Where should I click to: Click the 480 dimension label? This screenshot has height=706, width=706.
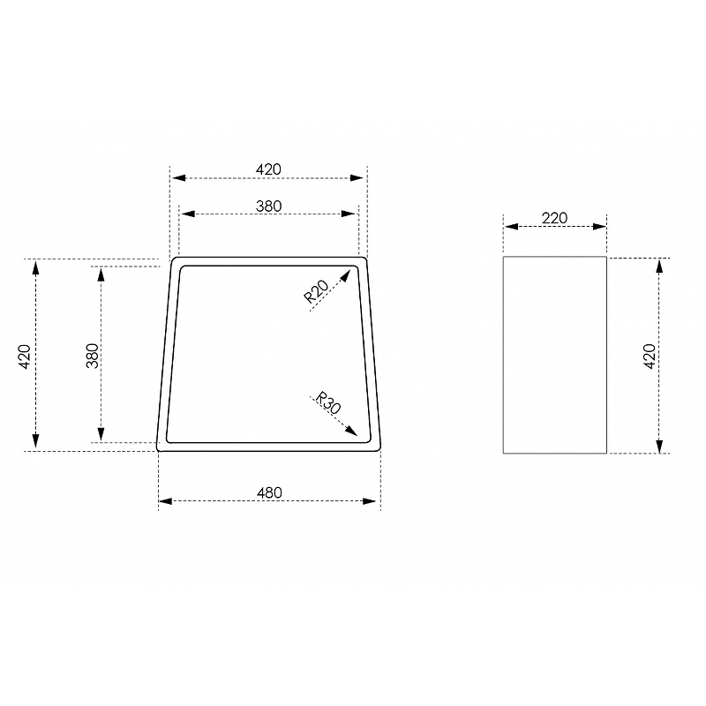(269, 492)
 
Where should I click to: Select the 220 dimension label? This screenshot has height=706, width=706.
(554, 218)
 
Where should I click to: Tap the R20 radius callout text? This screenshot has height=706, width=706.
(316, 291)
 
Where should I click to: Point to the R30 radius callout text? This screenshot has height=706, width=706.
(328, 402)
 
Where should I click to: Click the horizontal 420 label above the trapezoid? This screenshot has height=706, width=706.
(268, 169)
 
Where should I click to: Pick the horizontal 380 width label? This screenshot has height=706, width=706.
(269, 207)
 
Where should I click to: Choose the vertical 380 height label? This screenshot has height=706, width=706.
(93, 356)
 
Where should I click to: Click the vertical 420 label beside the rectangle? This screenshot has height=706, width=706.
(650, 357)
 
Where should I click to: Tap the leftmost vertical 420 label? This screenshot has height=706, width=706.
(25, 357)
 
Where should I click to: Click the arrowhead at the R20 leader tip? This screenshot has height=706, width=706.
(346, 274)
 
